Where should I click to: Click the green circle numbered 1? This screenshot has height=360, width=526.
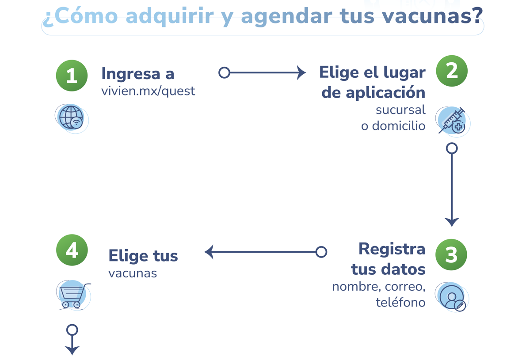[72, 76]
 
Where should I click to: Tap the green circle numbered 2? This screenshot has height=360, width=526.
[452, 71]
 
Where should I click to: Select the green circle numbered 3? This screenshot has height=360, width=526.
[451, 254]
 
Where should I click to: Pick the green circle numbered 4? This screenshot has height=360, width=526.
[72, 250]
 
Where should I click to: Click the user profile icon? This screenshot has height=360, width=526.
[452, 297]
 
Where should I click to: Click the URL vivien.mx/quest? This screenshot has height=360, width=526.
[148, 91]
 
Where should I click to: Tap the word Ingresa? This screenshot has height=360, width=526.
[131, 74]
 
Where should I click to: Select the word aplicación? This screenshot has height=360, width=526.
[385, 92]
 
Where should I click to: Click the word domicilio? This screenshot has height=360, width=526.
[399, 126]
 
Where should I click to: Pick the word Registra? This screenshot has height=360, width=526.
[392, 249]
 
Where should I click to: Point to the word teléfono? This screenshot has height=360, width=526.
[400, 302]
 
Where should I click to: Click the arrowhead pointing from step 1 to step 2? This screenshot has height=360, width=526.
[301, 72]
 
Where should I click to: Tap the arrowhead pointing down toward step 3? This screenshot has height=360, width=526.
[452, 222]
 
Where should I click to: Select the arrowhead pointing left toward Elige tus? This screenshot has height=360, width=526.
[209, 252]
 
